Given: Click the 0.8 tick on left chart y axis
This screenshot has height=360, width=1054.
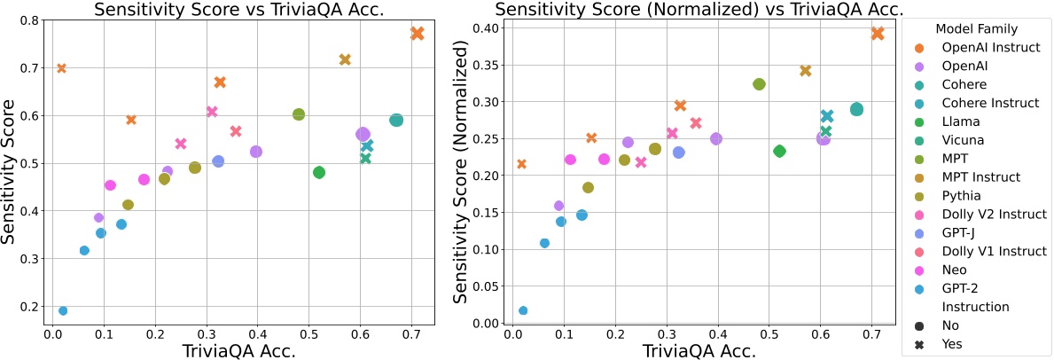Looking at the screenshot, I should (30, 20).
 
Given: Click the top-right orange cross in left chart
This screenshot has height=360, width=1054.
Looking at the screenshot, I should (418, 34).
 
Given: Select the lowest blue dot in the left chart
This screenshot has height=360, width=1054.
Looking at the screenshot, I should (63, 310).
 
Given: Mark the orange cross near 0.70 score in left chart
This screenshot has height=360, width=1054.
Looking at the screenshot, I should (61, 68).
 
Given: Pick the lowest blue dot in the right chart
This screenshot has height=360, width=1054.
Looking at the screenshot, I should (523, 310).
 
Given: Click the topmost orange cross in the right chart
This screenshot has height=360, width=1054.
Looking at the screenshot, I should (878, 34).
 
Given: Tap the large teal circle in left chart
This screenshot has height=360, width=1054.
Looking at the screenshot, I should (396, 120).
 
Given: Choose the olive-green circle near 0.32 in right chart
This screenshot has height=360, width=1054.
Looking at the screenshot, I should (759, 84).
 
